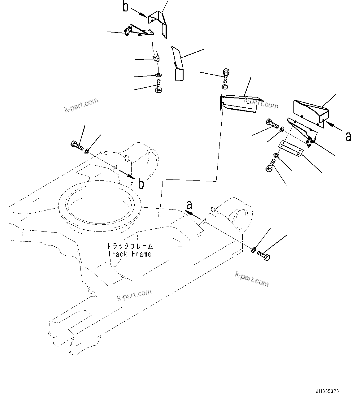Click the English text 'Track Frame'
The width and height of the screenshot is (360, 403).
click(129, 254)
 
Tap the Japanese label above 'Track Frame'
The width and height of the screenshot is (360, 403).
click(130, 246)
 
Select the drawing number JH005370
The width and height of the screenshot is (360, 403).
click(327, 392)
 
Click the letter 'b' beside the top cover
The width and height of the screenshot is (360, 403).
click(125, 7)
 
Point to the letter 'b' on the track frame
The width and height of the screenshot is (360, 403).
click(141, 184)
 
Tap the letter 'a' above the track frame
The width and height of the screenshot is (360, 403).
click(189, 205)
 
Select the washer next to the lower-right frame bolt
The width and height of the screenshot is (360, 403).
click(254, 249)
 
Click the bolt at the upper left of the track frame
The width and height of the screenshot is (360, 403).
click(76, 145)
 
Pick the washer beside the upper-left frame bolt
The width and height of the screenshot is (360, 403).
click(87, 151)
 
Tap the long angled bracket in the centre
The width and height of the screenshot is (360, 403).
click(238, 104)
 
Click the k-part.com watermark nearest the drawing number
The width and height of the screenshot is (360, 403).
click(252, 278)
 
